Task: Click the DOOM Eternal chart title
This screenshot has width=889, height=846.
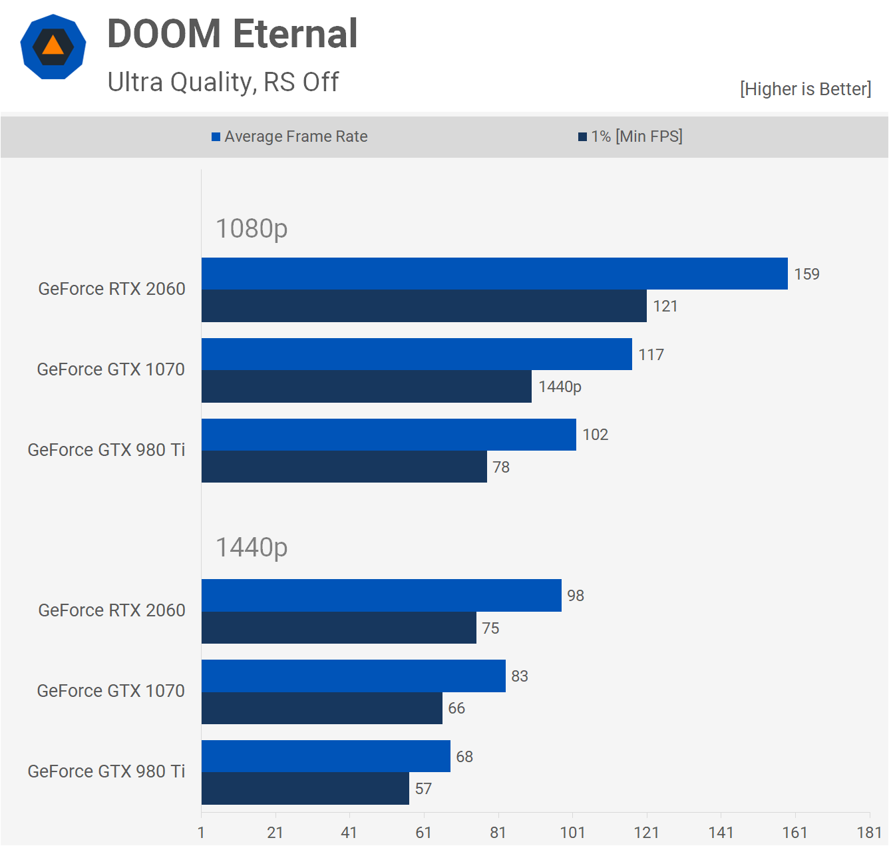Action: [x=232, y=34]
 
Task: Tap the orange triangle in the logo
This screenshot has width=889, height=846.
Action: [x=53, y=46]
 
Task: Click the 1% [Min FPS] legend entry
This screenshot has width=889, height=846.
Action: [x=630, y=136]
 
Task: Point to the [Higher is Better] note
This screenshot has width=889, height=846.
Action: [x=805, y=89]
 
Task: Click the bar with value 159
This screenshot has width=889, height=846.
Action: [x=494, y=274]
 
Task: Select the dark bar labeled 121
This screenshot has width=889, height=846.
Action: [x=424, y=306]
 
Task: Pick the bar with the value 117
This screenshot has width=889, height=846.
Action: [x=417, y=354]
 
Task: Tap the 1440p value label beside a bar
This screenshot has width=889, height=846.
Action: [x=560, y=387]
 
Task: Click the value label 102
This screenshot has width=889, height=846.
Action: [x=595, y=435]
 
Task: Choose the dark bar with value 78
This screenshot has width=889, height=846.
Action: [x=344, y=467]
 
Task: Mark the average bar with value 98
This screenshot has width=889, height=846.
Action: [x=381, y=595]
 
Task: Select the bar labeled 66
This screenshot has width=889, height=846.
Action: [x=322, y=708]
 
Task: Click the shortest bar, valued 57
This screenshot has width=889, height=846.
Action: [x=305, y=789]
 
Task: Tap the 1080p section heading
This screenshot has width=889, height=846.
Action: [x=252, y=228]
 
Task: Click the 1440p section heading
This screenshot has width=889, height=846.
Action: [x=252, y=547]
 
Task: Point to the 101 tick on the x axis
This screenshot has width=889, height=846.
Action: [x=572, y=833]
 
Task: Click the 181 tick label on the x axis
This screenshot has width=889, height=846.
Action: [x=869, y=833]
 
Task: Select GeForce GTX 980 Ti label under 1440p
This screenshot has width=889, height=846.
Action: [x=106, y=771]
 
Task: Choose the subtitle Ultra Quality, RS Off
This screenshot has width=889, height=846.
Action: [x=223, y=83]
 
